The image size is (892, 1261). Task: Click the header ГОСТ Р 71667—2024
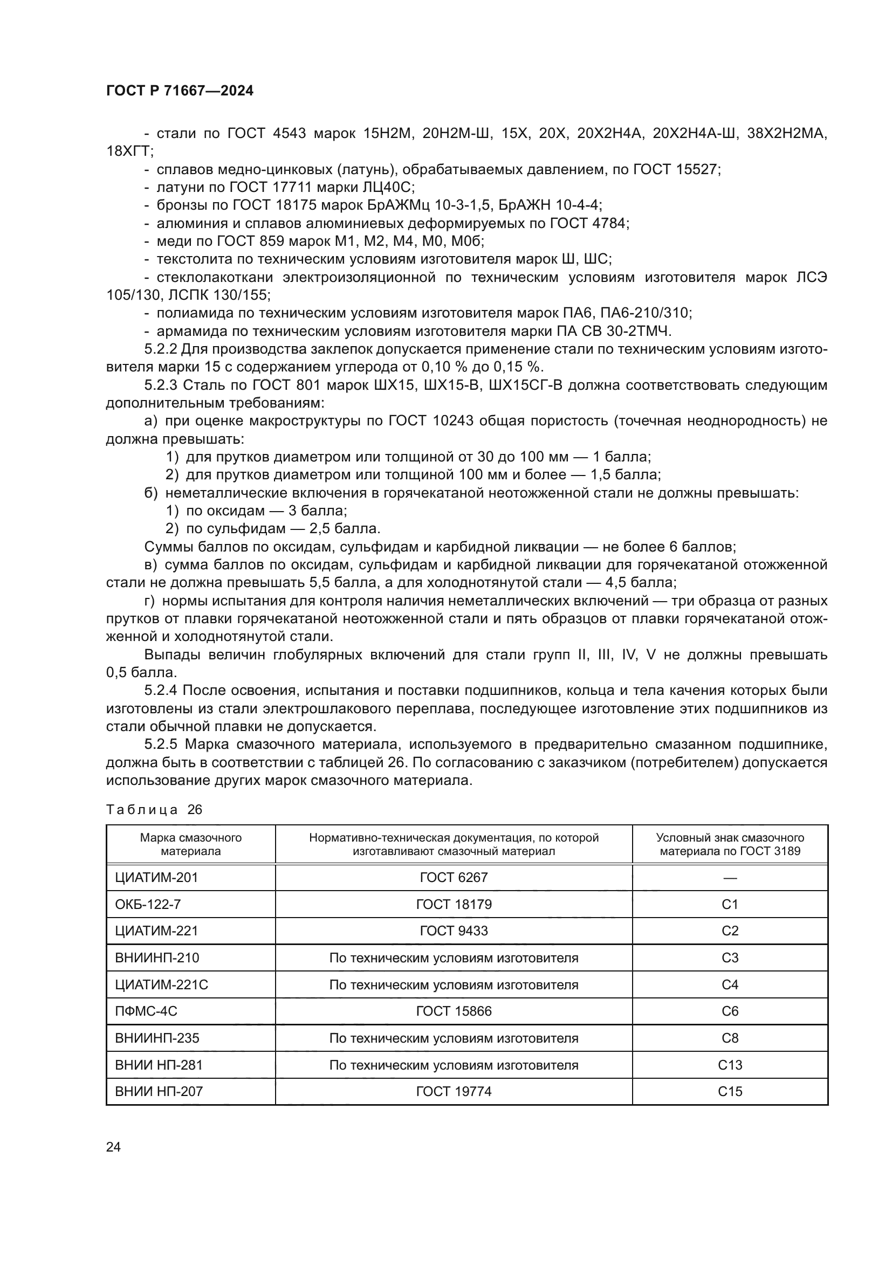point(180,91)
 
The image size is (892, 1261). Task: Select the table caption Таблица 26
point(154,810)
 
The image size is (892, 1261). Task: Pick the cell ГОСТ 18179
point(454,905)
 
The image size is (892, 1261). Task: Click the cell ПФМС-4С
point(146,1011)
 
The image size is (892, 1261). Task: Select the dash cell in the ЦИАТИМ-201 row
point(730,878)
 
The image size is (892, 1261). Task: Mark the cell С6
point(730,1011)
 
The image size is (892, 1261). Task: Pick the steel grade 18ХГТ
point(128,151)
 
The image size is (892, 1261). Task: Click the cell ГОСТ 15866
point(454,1011)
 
